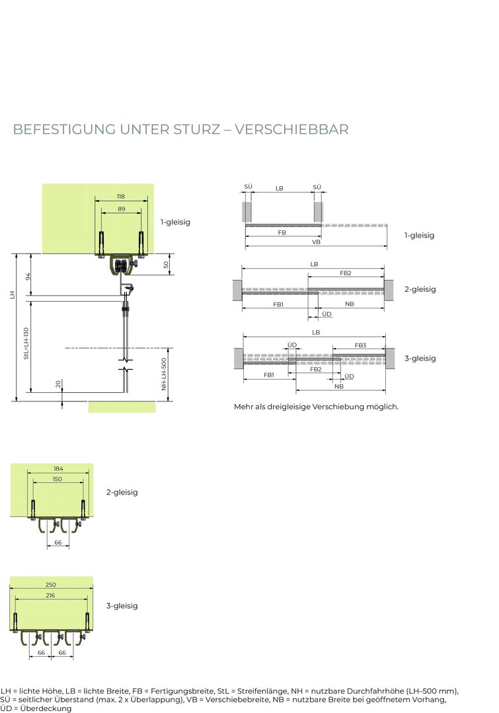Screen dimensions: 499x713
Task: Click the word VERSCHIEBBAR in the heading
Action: click(x=292, y=129)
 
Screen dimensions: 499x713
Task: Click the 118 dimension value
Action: click(x=121, y=197)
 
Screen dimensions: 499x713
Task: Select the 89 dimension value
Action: click(x=121, y=209)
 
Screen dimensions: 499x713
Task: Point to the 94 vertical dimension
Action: click(x=28, y=277)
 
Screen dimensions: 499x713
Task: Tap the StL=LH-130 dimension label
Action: click(x=26, y=343)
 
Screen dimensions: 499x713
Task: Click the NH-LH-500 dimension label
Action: click(x=164, y=374)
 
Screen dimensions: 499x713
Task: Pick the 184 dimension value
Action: click(x=58, y=468)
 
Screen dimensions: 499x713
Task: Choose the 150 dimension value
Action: click(x=58, y=479)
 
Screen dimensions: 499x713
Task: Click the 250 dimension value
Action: click(x=50, y=585)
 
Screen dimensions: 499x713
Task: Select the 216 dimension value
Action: click(x=50, y=595)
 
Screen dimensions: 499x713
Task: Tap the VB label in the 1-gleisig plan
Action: click(x=317, y=242)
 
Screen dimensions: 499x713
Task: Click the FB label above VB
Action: click(x=282, y=232)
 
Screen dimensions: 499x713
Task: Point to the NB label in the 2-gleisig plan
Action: click(x=350, y=304)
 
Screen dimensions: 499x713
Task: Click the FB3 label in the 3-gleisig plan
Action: click(x=361, y=345)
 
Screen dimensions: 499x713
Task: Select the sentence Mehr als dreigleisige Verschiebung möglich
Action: click(x=316, y=407)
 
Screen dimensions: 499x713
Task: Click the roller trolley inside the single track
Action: click(x=122, y=265)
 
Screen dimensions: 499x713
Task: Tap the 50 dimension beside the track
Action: click(x=166, y=265)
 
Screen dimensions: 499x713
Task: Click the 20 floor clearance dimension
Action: click(x=58, y=384)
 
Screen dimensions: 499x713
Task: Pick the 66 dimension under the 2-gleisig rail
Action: click(x=58, y=543)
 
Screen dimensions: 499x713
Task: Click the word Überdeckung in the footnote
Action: click(x=46, y=708)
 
